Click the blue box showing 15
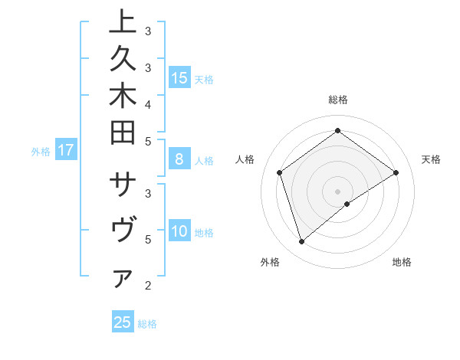click(x=179, y=77)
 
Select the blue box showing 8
click(x=179, y=159)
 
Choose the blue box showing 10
click(x=179, y=231)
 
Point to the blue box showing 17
click(x=66, y=150)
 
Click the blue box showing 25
click(x=123, y=322)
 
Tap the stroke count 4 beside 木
click(x=147, y=103)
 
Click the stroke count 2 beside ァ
click(x=147, y=286)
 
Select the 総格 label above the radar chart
click(x=338, y=100)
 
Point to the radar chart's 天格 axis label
click(x=432, y=159)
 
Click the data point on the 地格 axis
click(x=347, y=204)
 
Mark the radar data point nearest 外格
click(x=301, y=242)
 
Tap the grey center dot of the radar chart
click(x=338, y=191)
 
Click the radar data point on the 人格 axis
click(x=280, y=172)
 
